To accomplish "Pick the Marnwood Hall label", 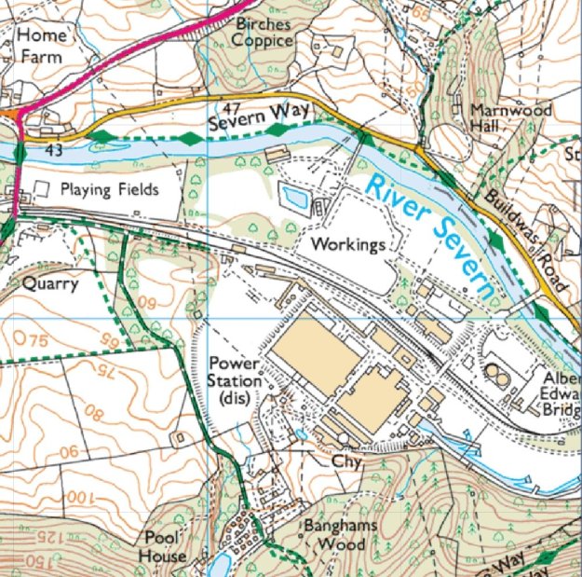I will tap(511, 117).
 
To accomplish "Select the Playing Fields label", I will tap(110, 189).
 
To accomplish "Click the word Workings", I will tap(347, 245).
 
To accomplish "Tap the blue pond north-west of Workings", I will tap(295, 198).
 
